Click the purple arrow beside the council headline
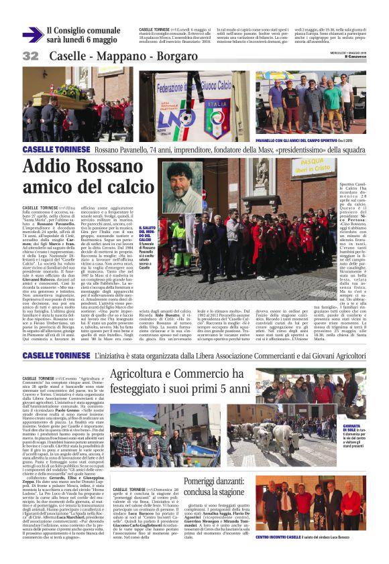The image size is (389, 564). coord(32,35)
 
